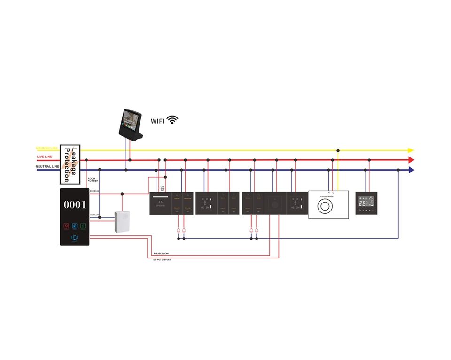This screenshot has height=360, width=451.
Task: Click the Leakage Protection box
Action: (70, 164)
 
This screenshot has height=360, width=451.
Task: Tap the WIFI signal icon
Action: (173, 120)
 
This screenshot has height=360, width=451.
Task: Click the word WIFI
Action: (158, 121)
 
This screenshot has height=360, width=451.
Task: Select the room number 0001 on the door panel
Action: (75, 204)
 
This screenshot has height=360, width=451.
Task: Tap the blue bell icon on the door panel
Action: (75, 238)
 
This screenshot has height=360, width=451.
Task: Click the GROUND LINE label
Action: (47, 148)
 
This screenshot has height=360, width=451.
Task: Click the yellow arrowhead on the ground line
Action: (411, 150)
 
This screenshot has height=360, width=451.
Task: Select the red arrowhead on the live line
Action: (411, 160)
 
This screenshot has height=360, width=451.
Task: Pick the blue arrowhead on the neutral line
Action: (411, 170)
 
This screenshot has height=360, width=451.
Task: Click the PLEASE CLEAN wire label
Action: (161, 254)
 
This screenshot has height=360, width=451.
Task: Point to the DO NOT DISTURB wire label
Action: (162, 259)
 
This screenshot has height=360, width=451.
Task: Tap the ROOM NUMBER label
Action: (93, 180)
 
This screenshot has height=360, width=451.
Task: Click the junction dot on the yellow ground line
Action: (338, 150)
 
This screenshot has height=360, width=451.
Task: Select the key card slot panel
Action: (161, 203)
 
